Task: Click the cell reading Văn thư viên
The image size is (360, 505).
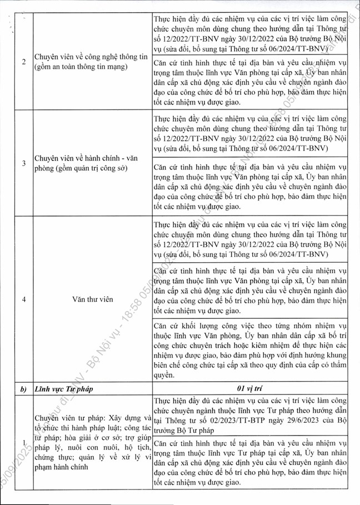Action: pos(92,299)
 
